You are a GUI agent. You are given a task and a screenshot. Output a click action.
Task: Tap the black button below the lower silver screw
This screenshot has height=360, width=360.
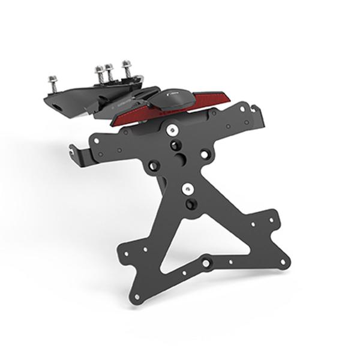[x=190, y=204]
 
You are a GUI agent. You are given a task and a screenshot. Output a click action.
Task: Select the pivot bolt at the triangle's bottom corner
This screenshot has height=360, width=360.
[x=207, y=262]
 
